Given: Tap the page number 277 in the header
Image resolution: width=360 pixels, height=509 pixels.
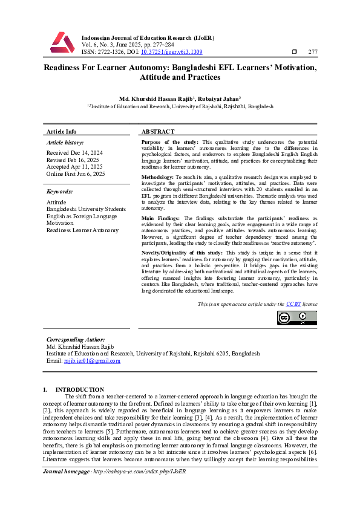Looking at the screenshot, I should click(x=313, y=51).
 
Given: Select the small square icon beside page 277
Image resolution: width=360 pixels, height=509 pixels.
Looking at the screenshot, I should click(x=294, y=51).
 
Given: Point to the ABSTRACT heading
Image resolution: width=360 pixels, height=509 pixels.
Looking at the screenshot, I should click(x=158, y=131).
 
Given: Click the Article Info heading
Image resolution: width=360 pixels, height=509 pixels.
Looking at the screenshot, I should click(x=62, y=131).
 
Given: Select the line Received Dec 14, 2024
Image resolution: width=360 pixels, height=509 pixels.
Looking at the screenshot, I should click(x=74, y=153).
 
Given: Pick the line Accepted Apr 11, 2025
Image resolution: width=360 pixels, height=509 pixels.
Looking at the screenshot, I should click(x=74, y=167).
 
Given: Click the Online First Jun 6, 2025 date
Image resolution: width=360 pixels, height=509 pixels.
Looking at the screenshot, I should click(x=76, y=174).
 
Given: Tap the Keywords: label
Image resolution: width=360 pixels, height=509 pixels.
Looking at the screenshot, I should click(x=61, y=192).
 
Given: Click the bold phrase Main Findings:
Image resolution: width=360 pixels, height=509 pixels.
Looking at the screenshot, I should click(x=162, y=218).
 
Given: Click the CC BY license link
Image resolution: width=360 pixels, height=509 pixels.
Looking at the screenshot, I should click(x=294, y=304).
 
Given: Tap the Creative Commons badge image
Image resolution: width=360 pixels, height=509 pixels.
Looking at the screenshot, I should click(x=296, y=318).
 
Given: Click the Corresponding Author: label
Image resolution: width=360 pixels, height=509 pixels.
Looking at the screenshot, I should click(x=73, y=340).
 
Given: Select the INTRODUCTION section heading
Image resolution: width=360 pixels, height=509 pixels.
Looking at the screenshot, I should click(x=79, y=389).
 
